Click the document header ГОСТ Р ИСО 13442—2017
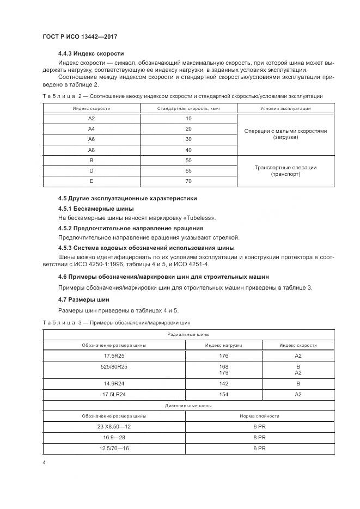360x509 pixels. point(80,36)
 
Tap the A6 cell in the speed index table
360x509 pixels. point(91,139)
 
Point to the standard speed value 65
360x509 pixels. point(188,170)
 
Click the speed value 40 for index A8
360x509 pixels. point(188,150)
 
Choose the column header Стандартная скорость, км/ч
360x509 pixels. point(188,108)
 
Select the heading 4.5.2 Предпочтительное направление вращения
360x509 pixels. point(131,228)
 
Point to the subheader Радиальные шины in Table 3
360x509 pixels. point(188,334)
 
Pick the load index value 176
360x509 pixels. point(223,355)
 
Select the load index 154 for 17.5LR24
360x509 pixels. point(223,394)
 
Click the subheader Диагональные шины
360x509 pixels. point(188,405)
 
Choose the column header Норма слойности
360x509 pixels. point(259,416)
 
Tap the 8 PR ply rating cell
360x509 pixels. point(259,437)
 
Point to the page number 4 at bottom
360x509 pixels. point(44,463)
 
